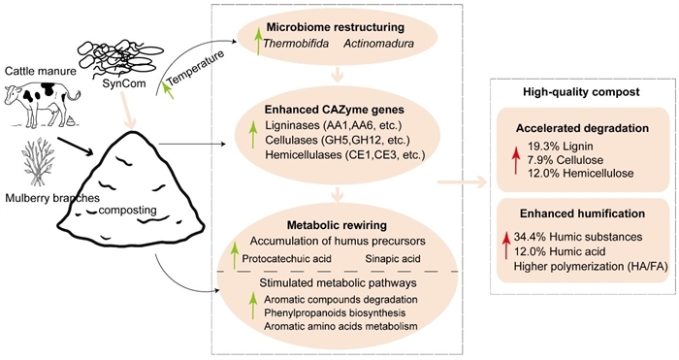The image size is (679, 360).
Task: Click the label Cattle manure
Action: [x=38, y=70]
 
